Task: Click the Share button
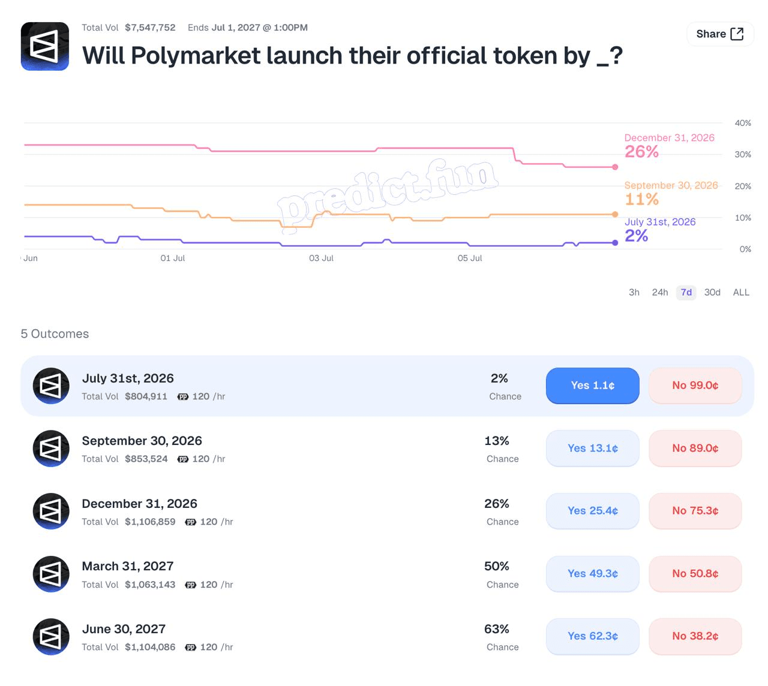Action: click(x=719, y=34)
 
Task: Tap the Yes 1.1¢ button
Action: click(x=592, y=385)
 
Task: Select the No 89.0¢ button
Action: click(x=695, y=448)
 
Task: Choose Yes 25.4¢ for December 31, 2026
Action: click(x=592, y=511)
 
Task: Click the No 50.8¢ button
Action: click(x=695, y=573)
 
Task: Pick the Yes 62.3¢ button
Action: click(x=592, y=636)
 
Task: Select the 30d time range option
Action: click(x=712, y=293)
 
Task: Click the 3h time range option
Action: click(x=634, y=293)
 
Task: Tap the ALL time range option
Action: click(x=741, y=293)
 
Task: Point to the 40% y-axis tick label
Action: click(x=743, y=123)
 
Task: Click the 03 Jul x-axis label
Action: click(x=321, y=258)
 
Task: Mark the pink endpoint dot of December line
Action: click(x=615, y=167)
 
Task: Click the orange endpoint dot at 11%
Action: click(x=615, y=215)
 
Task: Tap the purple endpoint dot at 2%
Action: click(x=615, y=243)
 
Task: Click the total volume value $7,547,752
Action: click(x=150, y=28)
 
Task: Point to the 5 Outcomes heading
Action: click(x=55, y=334)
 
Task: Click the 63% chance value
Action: click(x=496, y=629)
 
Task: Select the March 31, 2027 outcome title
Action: click(x=128, y=566)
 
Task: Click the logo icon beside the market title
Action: click(x=45, y=46)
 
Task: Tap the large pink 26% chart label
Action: click(x=641, y=152)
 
